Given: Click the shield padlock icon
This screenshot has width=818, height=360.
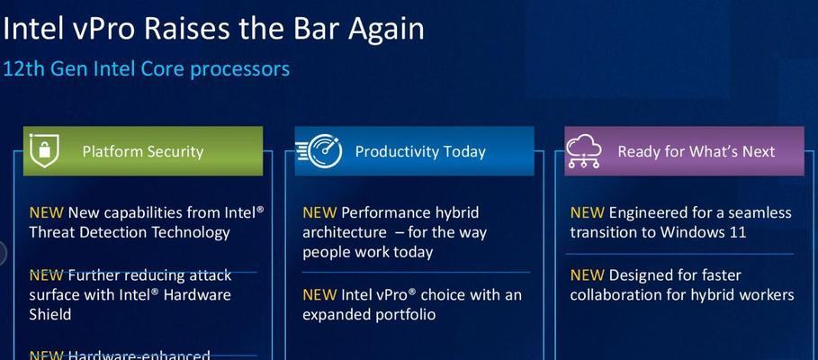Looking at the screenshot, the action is point(44,150).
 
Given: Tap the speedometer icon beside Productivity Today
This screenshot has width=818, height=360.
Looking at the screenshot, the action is point(319,151).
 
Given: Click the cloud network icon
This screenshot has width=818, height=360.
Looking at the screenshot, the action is point(584,151).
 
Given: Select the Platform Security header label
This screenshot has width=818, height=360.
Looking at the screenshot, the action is point(143,152).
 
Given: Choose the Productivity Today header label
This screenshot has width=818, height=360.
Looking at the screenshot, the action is point(420,152).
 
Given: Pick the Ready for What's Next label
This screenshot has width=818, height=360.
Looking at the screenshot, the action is point(697,152).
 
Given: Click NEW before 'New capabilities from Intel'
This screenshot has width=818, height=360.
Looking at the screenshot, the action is point(47,213).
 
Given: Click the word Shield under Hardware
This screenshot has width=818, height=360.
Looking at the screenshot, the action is point(50,314).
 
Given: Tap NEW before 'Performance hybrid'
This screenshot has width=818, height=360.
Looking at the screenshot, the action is point(319,213).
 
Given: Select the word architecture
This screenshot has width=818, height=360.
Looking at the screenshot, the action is point(345,233).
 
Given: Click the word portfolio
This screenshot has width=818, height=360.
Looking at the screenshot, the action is point(404,315).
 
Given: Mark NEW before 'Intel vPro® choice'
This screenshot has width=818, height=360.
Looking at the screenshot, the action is point(319,295).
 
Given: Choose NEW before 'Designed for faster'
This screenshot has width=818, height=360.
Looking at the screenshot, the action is point(588,275).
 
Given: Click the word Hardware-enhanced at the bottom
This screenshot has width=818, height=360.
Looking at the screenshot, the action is point(139,355).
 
